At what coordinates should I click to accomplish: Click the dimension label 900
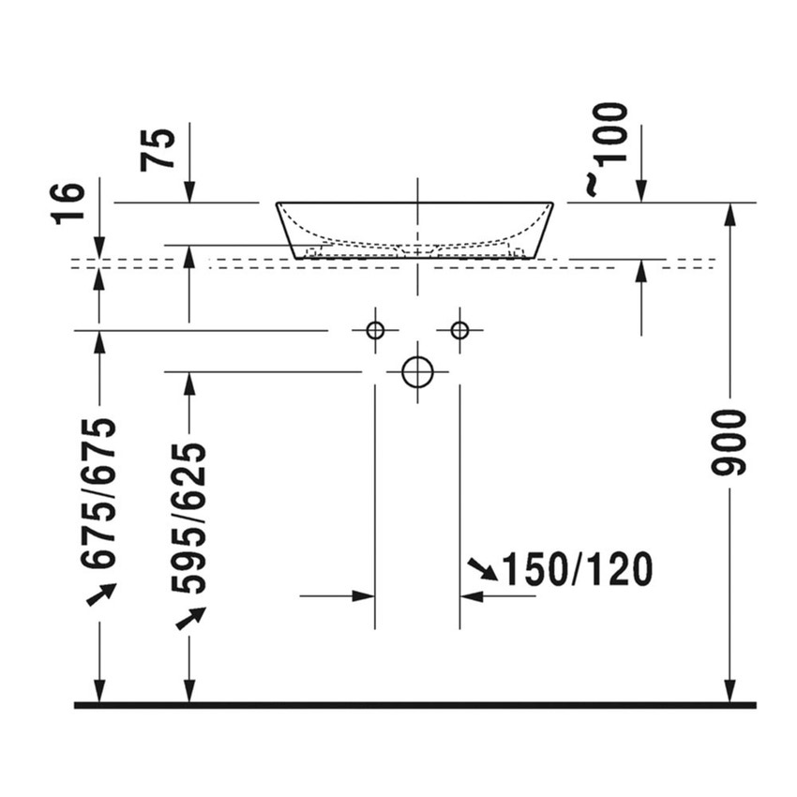729,442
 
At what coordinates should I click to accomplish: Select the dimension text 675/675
99,493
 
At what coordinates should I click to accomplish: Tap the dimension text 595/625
188,518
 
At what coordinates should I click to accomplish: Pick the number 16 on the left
69,203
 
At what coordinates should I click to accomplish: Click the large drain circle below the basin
417,372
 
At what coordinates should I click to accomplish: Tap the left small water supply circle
375,330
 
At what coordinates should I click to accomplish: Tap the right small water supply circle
459,330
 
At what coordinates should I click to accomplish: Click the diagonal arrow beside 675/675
101,594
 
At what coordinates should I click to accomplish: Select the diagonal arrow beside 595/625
190,618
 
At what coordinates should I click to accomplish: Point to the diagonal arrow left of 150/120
482,568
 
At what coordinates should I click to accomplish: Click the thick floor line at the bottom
414,704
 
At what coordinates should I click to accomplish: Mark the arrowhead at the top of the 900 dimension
730,213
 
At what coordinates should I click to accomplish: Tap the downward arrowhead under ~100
641,192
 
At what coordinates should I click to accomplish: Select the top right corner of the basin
552,203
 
